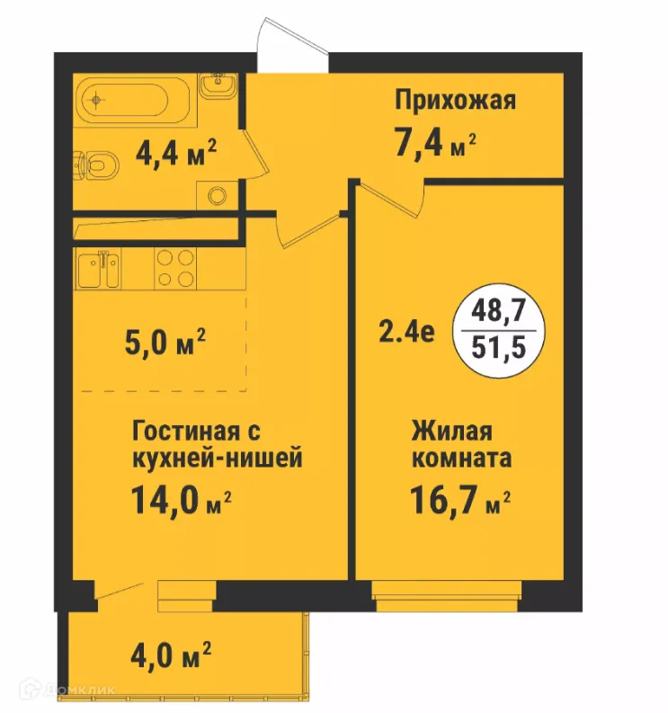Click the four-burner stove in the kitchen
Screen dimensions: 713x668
[x=177, y=268]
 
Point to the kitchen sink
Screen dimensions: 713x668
[x=98, y=269]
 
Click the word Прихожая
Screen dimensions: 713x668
[x=456, y=101]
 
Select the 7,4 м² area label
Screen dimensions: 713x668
[x=432, y=142]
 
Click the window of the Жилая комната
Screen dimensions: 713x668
[x=447, y=594]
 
